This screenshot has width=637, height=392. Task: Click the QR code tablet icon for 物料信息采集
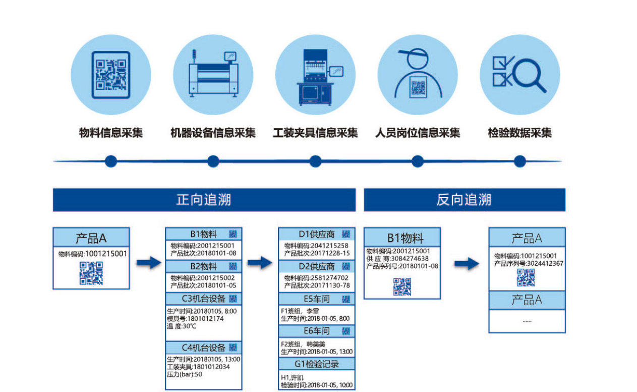point(110,75)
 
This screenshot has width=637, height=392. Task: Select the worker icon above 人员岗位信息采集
point(417,74)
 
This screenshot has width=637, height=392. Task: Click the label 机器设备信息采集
point(213,133)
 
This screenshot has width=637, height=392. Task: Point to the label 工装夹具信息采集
point(315,133)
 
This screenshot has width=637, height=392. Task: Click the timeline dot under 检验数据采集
point(519,162)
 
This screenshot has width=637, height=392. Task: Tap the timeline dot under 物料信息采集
point(111,162)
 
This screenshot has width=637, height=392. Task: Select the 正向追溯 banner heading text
point(204,200)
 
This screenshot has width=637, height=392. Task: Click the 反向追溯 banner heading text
point(464,200)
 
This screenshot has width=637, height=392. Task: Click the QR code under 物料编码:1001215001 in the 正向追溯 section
point(91,273)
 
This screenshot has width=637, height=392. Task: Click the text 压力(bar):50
point(185,374)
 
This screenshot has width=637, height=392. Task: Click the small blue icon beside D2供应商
point(345,266)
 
